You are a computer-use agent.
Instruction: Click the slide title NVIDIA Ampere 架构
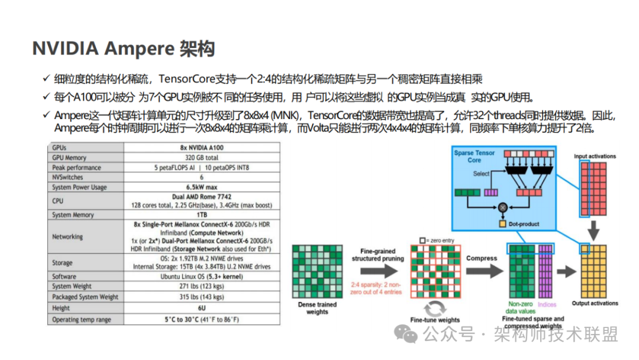(x=123, y=49)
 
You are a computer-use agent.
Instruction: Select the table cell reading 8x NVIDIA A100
(x=201, y=147)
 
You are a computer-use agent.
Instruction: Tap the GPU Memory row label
(x=69, y=157)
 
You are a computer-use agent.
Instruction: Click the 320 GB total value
(x=201, y=157)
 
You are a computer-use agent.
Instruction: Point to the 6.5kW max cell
(x=201, y=187)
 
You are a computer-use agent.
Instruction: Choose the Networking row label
(x=67, y=237)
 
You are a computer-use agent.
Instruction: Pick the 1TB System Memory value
(x=201, y=215)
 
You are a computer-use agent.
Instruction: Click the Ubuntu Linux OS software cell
(x=201, y=277)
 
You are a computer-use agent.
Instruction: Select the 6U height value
(x=201, y=308)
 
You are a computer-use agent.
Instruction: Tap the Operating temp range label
(x=82, y=320)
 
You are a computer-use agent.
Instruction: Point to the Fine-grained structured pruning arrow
(x=379, y=272)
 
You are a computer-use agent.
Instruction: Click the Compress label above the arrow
(x=482, y=259)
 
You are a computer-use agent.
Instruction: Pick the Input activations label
(x=595, y=156)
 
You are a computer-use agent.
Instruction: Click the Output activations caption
(x=595, y=303)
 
